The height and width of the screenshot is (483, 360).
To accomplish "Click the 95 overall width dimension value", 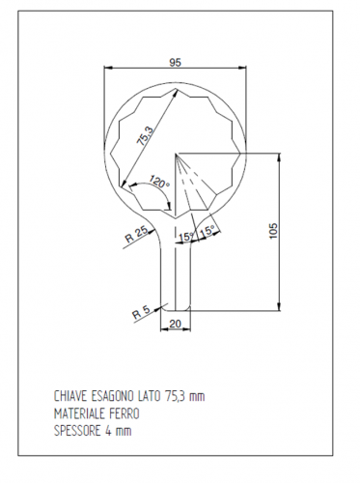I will [175, 62].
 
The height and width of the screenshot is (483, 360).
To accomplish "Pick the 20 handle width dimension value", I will [175, 324].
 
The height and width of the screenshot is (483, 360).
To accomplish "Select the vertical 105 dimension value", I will [287, 232].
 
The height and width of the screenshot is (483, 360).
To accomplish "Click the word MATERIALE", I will [80, 413].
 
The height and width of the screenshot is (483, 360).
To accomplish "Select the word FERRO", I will [129, 413].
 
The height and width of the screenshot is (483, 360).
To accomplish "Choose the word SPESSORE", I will [77, 431].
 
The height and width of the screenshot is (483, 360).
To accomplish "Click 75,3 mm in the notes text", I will [192, 396].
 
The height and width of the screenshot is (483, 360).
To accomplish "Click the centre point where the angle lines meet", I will [175, 155].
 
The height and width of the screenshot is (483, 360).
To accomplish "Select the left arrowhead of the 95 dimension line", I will [107, 69].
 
